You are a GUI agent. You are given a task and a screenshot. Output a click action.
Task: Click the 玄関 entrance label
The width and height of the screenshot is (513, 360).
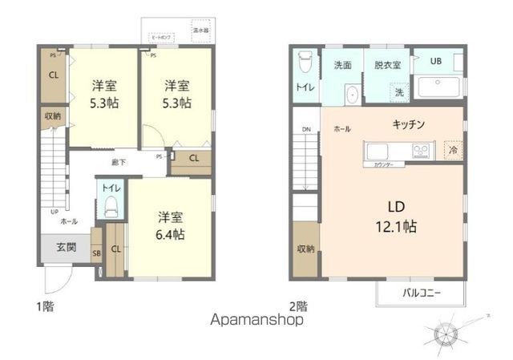pos(66,248)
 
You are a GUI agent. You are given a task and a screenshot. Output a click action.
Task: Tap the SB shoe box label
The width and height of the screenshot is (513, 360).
pos(96,254)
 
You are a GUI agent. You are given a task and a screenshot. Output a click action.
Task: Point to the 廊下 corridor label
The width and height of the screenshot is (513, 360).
pos(118,162)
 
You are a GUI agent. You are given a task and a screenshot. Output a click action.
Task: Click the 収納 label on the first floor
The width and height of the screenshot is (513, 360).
pos(52,116)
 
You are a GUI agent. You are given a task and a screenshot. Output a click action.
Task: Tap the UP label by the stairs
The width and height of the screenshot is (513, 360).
pos(54,212)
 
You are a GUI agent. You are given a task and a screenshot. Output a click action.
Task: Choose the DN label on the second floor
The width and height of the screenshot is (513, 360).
pos(305,129)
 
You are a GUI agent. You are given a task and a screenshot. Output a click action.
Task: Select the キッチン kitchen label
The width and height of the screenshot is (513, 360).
pos(408,125)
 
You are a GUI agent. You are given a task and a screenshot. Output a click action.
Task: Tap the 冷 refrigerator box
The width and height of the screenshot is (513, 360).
pos(452,150)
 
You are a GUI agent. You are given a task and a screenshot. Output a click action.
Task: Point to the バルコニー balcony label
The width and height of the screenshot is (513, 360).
pos(422,293)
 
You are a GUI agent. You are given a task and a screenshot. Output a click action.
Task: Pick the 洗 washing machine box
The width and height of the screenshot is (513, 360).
pos(398,93)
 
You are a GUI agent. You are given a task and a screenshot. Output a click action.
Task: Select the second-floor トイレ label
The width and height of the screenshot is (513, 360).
pos(305,87)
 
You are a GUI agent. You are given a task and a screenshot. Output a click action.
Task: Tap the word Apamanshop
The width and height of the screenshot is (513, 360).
pos(257,319)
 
